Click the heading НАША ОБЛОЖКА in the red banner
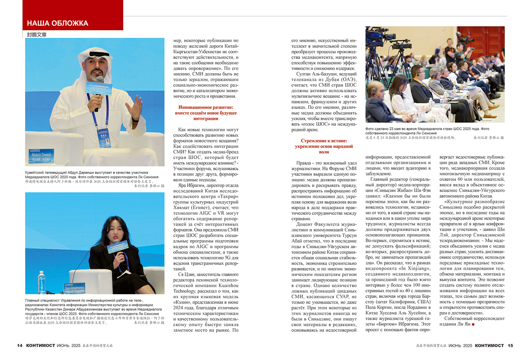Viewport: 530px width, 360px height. (57, 23)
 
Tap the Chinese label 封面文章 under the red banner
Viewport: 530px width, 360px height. (37, 35)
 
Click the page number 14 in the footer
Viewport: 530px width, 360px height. (20, 345)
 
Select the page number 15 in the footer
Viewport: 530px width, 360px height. (510, 345)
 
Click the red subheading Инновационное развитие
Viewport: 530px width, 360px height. (206, 107)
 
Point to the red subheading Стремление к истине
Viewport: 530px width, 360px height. (324, 141)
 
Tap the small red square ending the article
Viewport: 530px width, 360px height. (473, 324)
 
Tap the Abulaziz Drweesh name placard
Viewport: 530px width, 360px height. (41, 156)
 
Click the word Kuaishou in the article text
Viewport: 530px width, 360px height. (227, 285)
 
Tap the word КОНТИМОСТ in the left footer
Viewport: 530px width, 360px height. (41, 345)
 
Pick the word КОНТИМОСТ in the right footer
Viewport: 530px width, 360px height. (489, 345)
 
